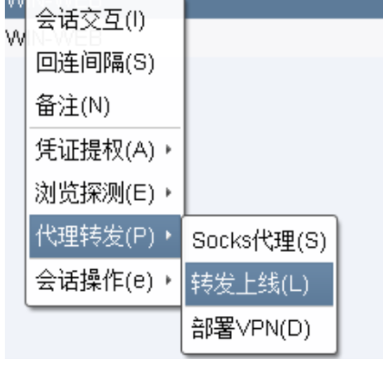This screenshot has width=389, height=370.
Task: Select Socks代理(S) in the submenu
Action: pos(259,241)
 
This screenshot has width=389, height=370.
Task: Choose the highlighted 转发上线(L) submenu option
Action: pos(249,284)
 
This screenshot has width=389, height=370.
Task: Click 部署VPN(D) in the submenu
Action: pos(250,328)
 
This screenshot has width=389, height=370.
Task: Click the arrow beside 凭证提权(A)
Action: pos(168,151)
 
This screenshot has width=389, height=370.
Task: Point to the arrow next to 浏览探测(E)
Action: pos(168,193)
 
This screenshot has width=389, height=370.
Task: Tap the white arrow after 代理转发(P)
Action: pos(168,237)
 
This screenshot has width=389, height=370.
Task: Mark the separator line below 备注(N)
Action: pos(104,128)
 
